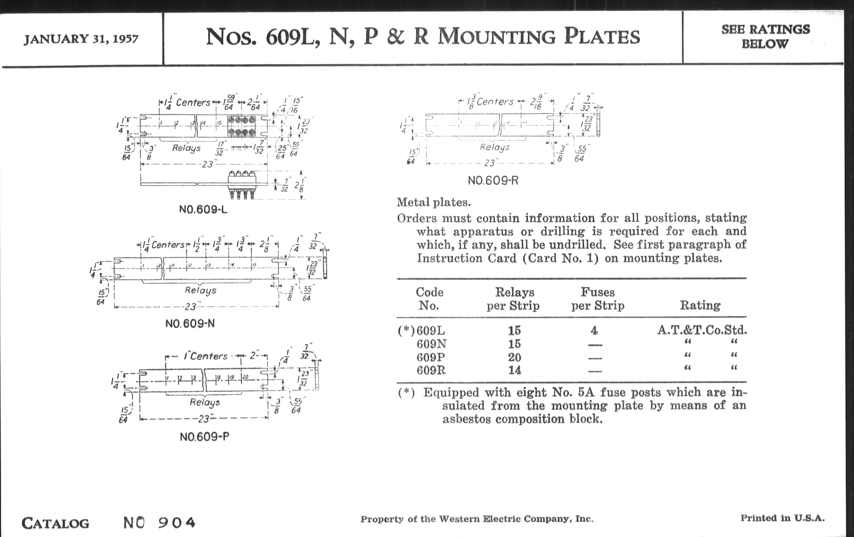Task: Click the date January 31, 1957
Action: point(81,39)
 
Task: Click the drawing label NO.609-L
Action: point(203,210)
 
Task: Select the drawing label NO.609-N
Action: point(190,324)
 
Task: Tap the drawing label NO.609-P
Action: point(204,437)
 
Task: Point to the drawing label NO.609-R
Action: point(493,181)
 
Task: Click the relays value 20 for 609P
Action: point(514,357)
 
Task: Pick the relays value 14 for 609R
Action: point(514,370)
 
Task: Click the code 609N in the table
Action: point(431,344)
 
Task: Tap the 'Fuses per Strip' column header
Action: point(598,298)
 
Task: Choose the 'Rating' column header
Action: point(700,305)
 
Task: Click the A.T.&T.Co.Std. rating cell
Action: point(702,330)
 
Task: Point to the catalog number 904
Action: point(176,522)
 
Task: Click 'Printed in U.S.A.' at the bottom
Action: point(782,518)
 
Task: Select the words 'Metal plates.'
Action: point(433,203)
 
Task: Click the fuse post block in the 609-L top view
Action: point(242,127)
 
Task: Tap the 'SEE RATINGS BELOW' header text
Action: point(766,37)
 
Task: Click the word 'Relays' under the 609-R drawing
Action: point(494,147)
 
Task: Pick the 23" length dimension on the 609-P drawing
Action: point(204,419)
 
